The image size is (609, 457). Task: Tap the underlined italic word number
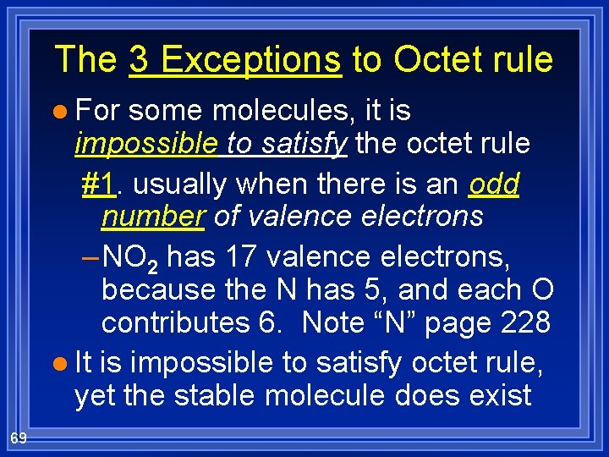pyautogui.click(x=153, y=217)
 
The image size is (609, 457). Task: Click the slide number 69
pyautogui.click(x=18, y=437)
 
